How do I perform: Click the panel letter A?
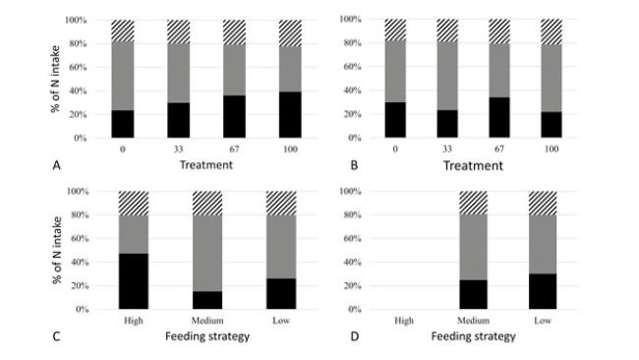[57, 165]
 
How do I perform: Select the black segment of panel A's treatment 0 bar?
[122, 124]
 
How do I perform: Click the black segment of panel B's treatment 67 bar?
[501, 118]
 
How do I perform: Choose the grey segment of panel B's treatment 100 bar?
[551, 79]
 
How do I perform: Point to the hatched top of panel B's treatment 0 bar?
[394, 30]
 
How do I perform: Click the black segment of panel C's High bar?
[133, 281]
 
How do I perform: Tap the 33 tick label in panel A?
[178, 150]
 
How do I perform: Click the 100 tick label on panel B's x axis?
[551, 150]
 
